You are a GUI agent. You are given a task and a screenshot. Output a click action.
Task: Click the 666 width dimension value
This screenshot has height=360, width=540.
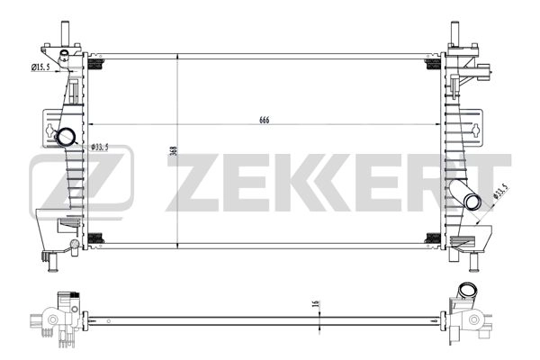click(264, 120)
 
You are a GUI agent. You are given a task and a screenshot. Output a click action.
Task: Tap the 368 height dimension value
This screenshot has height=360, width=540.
click(175, 150)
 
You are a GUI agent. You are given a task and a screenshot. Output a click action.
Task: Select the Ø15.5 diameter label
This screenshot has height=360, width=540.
click(40, 67)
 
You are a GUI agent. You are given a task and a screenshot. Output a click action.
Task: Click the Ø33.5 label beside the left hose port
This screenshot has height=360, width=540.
click(100, 148)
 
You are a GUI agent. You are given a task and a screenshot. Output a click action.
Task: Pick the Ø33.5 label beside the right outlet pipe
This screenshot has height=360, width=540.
click(500, 191)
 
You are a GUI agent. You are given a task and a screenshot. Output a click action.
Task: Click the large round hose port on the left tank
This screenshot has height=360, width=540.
click(66, 137)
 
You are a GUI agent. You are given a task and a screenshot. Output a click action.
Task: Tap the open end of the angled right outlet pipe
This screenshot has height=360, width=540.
click(472, 202)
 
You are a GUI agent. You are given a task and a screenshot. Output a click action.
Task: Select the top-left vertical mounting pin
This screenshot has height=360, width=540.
click(65, 33)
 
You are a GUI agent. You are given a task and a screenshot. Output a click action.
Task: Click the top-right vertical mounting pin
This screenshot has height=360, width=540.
click(454, 33)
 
